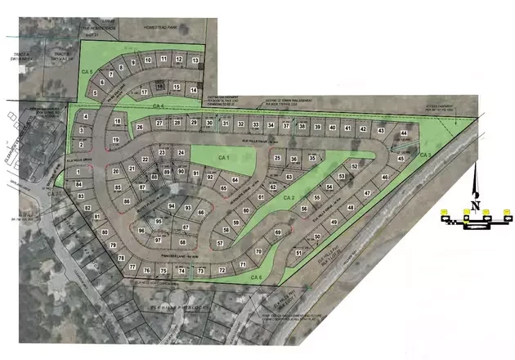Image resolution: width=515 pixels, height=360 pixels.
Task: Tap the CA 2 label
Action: coord(288,198)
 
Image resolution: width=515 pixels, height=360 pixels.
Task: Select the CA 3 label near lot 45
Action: coord(424,155)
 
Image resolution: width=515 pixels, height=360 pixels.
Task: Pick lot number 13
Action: coord(195,61)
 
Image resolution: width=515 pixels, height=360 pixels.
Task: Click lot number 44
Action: coord(404,133)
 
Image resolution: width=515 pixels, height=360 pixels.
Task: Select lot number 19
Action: coord(116,141)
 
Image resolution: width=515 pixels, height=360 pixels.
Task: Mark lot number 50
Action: coord(317,237)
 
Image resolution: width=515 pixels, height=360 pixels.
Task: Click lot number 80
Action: coord(105,232)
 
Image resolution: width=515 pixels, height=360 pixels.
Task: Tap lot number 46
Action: coord(384,177)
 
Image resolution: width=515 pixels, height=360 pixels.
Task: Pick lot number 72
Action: coord(221,270)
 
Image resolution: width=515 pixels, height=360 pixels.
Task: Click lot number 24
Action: coord(181,153)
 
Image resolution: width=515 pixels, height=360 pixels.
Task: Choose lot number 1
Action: coord(78,172)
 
